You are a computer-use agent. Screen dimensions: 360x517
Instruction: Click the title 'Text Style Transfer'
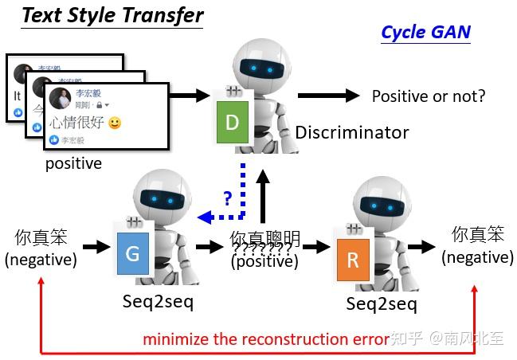click(x=112, y=15)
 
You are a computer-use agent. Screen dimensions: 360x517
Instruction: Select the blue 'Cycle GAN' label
click(x=425, y=32)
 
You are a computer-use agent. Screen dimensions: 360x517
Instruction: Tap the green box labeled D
click(x=232, y=122)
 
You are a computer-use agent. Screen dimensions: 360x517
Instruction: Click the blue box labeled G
click(x=132, y=254)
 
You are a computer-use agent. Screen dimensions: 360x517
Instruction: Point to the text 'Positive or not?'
click(x=429, y=96)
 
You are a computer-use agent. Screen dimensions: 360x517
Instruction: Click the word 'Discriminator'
click(x=352, y=132)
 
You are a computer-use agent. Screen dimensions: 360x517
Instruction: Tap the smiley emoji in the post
click(x=115, y=123)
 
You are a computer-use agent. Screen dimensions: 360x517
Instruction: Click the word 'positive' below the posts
click(x=73, y=163)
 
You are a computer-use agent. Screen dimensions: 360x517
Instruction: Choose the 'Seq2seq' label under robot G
click(x=159, y=302)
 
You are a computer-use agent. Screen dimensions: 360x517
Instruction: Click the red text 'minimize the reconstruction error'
click(x=266, y=339)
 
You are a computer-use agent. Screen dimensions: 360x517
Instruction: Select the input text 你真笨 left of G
click(x=41, y=237)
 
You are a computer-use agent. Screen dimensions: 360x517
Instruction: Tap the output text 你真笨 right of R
click(x=478, y=235)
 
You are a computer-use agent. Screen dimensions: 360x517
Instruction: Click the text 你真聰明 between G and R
click(x=265, y=238)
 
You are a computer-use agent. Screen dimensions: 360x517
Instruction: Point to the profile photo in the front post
click(x=61, y=99)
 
